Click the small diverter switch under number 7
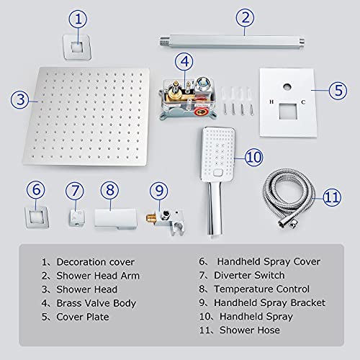point(75,217)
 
